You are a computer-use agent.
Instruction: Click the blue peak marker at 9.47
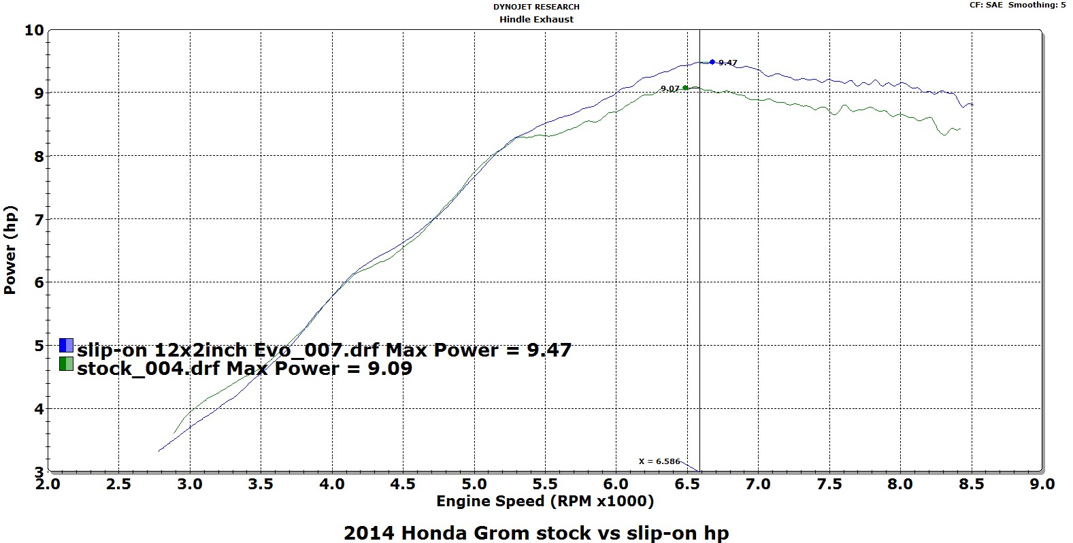coord(712,62)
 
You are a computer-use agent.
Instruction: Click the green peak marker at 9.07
coord(685,88)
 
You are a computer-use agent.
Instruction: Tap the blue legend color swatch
coord(66,346)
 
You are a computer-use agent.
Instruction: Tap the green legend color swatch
coord(66,364)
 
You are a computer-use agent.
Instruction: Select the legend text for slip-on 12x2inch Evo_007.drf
coord(325,350)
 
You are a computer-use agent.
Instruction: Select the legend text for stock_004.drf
coord(245,368)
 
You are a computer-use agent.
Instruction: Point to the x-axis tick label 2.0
coord(48,484)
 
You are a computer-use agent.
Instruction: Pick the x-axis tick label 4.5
coord(403,484)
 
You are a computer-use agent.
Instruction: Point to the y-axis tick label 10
coord(33,30)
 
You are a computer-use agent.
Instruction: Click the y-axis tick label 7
coord(39,219)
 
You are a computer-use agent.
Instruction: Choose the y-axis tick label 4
coord(39,409)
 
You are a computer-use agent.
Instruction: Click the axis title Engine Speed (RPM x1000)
coord(545,501)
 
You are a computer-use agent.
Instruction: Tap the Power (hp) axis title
coord(10,250)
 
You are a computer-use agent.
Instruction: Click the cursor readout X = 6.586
coord(659,461)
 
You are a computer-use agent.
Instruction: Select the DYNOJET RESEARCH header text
coord(536,7)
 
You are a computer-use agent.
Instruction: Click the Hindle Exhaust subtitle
coord(536,19)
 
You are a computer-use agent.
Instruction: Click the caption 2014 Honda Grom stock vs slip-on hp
coord(536,532)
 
